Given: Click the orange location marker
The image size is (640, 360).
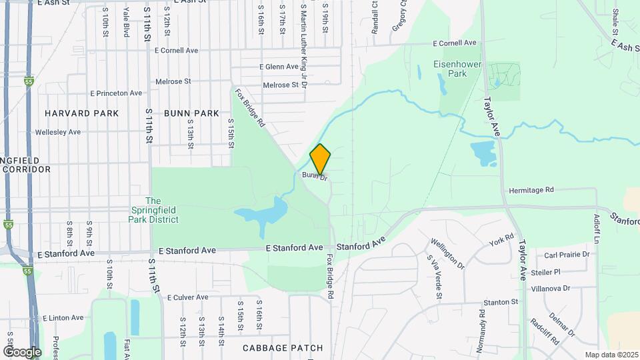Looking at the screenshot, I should (320, 159).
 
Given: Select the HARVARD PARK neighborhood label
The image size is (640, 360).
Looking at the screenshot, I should (82, 113).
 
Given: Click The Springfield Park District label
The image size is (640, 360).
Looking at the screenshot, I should (153, 210).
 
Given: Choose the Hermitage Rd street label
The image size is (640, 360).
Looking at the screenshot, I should (531, 190).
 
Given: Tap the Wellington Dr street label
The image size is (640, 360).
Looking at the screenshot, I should (447, 253).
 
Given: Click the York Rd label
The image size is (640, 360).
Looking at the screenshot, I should (501, 239).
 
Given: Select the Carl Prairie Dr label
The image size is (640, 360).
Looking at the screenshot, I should (567, 255).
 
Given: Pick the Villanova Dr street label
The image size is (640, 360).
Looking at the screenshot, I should (551, 289).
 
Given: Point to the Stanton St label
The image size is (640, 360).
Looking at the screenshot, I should (501, 302).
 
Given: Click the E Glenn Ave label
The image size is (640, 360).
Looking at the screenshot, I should (279, 67).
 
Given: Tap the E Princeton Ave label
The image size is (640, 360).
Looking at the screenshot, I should (116, 93).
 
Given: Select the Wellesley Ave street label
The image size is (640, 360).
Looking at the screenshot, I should (63, 132).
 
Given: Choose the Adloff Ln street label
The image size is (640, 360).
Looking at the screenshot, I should (597, 227).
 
